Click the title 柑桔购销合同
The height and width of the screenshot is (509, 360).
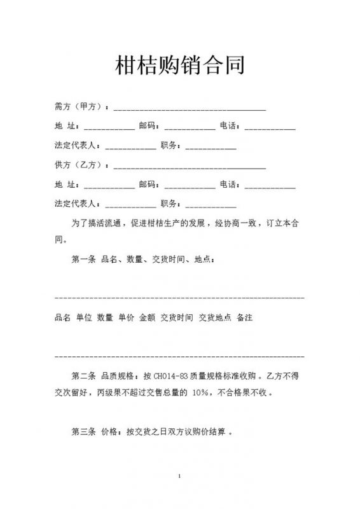pyautogui.click(x=180, y=65)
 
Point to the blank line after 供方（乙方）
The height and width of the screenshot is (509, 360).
pyautogui.click(x=189, y=167)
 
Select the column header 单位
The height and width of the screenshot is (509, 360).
pyautogui.click(x=84, y=317)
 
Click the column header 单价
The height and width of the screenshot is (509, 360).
pyautogui.click(x=126, y=317)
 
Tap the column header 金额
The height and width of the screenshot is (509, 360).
pyautogui.click(x=147, y=317)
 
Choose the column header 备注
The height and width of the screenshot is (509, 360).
pyautogui.click(x=244, y=317)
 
